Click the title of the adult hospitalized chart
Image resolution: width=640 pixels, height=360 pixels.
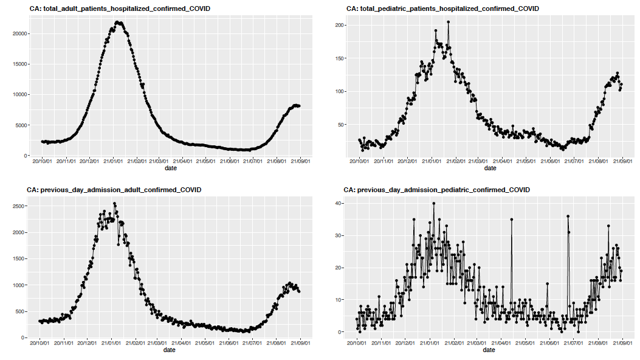[119, 9]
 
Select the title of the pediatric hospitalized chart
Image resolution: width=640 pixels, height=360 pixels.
[442, 9]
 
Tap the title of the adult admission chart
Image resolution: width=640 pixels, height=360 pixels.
[114, 190]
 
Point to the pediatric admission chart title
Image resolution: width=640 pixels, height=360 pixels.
[437, 190]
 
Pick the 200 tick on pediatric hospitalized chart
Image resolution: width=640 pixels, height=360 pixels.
[340, 26]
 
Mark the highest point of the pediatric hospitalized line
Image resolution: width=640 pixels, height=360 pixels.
[448, 22]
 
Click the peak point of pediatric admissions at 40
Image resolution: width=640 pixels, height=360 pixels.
[433, 203]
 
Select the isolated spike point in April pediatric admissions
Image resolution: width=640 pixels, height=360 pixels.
[512, 219]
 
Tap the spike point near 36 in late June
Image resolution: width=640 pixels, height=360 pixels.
[568, 216]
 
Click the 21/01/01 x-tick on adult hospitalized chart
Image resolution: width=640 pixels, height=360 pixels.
[112, 162]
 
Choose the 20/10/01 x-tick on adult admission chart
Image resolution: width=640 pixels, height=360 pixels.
[40, 344]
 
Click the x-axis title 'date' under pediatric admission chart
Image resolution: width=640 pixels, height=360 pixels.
[489, 350]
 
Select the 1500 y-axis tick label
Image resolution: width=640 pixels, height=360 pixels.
[18, 259]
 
